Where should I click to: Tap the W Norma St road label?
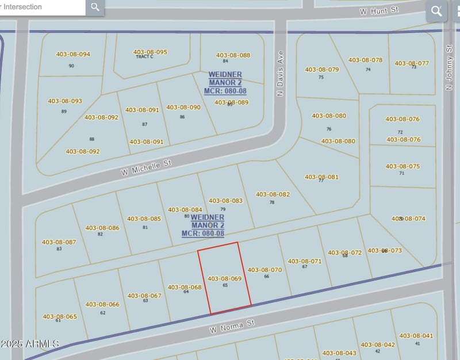(232, 326)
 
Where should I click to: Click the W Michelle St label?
(146, 168)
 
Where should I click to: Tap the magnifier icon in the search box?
(95, 7)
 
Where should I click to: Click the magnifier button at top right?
(436, 10)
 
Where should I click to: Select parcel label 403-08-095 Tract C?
(150, 52)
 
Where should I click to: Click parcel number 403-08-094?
(73, 55)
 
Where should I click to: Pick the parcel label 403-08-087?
(59, 242)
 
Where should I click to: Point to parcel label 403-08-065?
(59, 316)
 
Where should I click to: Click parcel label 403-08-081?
(321, 177)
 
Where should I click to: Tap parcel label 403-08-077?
(412, 63)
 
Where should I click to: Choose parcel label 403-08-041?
(416, 336)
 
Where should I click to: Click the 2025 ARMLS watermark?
(30, 343)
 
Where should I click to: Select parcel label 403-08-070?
(264, 270)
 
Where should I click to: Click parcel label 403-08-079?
(321, 70)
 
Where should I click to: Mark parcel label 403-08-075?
(402, 167)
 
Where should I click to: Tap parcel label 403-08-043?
(339, 353)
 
